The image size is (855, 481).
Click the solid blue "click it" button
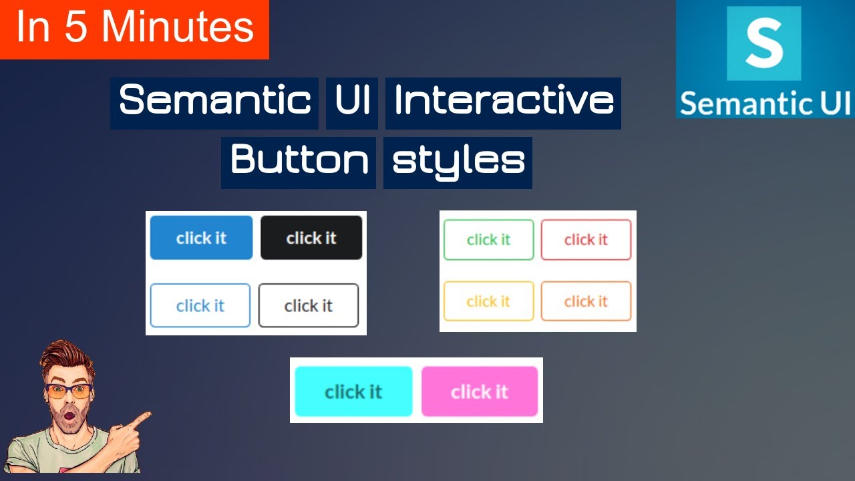coord(201,238)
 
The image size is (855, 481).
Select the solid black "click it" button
coord(311,238)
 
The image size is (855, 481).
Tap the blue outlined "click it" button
coord(200,305)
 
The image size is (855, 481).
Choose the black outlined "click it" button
coord(309,305)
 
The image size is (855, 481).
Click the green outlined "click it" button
coord(489,240)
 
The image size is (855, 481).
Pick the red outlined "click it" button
coord(586,240)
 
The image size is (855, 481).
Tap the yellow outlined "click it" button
coord(489,301)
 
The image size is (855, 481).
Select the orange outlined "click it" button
coord(586,301)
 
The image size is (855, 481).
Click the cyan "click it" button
coord(353,391)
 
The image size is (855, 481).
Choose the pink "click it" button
coord(480,391)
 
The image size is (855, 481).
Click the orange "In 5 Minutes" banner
coord(134,29)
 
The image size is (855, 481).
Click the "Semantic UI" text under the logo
coord(765,104)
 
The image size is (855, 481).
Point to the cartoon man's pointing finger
coord(142,419)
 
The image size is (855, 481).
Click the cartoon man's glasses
coord(69,391)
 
